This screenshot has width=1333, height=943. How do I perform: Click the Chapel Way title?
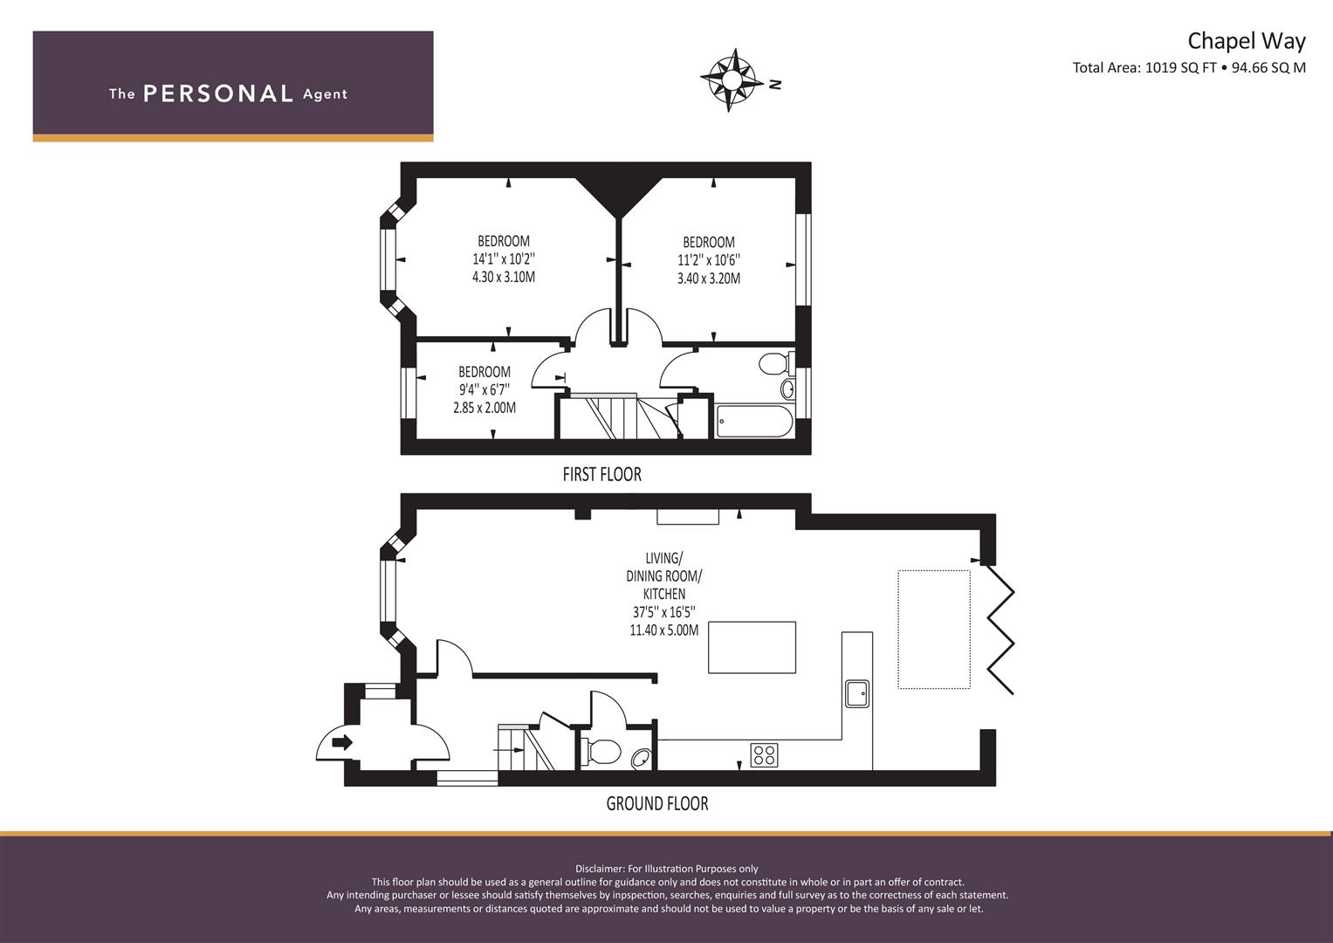click(1247, 41)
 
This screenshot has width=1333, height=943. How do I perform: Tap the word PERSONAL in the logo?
click(218, 94)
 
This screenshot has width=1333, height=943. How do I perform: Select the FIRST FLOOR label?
click(602, 474)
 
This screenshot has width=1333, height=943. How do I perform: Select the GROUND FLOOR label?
click(657, 803)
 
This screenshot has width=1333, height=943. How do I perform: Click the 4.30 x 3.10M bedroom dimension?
click(504, 277)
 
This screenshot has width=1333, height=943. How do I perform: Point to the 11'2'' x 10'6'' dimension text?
click(709, 260)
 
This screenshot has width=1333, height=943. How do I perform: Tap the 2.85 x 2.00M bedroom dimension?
click(484, 408)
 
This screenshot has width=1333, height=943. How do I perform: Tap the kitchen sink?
click(857, 693)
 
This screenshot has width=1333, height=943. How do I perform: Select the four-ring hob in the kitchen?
click(764, 755)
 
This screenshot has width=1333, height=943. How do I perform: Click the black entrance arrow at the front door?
click(342, 742)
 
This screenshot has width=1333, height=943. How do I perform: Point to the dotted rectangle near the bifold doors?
click(934, 630)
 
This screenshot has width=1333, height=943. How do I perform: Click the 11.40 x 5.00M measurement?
click(664, 630)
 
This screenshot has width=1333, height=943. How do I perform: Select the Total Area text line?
click(1189, 67)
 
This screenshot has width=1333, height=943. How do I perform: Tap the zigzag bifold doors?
click(1001, 630)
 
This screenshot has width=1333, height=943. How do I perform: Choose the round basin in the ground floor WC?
click(641, 759)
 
